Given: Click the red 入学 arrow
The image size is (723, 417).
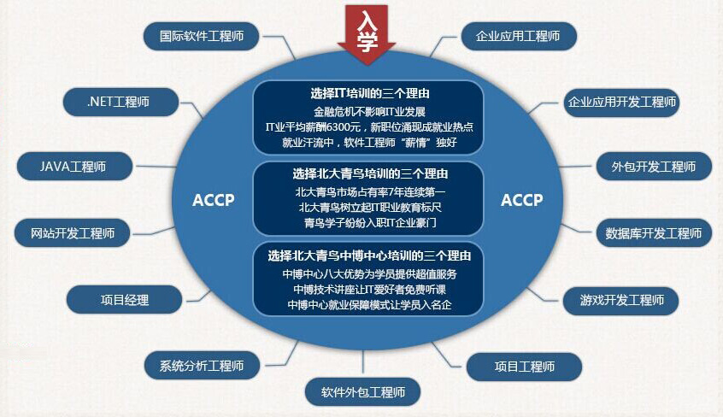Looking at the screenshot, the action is click(367, 33).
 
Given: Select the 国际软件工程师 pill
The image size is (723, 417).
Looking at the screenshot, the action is click(201, 36).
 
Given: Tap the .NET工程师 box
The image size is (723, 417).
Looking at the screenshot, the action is click(120, 102).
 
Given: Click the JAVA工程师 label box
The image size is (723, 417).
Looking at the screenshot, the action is click(74, 166).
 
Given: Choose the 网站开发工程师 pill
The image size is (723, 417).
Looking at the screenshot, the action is click(73, 233).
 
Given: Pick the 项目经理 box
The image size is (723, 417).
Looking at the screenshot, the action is click(125, 300).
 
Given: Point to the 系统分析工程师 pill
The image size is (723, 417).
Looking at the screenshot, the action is click(202, 366).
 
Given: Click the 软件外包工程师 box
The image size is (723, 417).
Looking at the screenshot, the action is click(363, 392).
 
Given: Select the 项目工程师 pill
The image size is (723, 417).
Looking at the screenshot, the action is click(524, 367).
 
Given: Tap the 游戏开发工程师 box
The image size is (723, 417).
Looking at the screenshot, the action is click(621, 301).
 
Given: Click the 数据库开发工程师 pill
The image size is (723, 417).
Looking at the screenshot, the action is click(654, 233).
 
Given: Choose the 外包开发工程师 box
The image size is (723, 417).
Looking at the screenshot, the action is click(654, 166).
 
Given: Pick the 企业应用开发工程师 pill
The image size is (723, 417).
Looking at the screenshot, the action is click(621, 102).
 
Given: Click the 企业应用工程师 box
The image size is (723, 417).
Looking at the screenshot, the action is click(519, 36).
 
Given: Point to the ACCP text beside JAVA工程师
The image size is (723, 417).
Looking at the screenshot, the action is click(214, 200).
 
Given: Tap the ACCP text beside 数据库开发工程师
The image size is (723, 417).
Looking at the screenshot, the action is click(522, 200).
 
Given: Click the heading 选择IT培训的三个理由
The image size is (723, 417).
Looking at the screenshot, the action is click(370, 94).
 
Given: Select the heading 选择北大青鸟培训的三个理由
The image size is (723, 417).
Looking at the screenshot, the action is click(370, 174).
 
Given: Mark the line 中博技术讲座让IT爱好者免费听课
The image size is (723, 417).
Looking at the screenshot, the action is click(369, 290).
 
